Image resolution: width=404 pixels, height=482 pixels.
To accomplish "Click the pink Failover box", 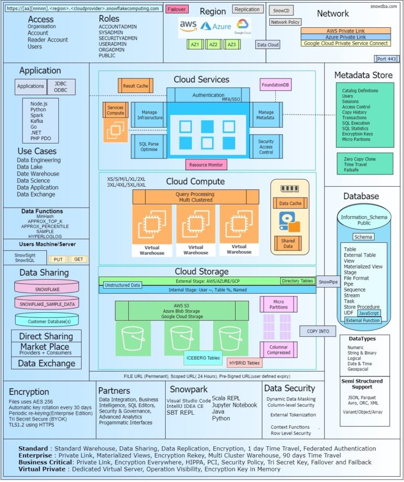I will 177,9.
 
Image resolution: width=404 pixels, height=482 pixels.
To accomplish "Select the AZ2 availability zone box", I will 213,45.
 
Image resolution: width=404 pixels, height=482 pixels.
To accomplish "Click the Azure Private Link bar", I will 346,37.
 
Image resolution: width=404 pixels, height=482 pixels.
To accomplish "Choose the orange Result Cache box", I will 135,86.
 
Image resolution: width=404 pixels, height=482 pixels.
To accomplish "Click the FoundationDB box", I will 275,85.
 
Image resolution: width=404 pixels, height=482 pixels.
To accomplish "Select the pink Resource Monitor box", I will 206,165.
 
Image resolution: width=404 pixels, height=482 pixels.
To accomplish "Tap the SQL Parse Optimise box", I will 148,146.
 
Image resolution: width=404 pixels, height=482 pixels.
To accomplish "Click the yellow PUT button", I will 58,259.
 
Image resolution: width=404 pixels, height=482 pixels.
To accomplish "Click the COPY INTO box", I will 317,331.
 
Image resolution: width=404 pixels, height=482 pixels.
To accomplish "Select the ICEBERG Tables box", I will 203,358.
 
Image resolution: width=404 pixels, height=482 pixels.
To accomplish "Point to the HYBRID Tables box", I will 244,363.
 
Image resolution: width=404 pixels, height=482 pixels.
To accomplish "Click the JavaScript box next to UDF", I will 369,313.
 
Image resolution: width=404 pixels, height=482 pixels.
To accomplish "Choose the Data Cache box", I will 290,203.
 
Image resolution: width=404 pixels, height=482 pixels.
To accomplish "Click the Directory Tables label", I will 297,281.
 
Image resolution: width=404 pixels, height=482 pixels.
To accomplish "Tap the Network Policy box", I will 286,22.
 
